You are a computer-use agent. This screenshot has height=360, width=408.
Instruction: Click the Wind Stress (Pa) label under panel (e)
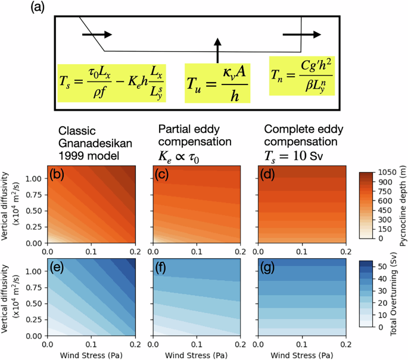point(92,354)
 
